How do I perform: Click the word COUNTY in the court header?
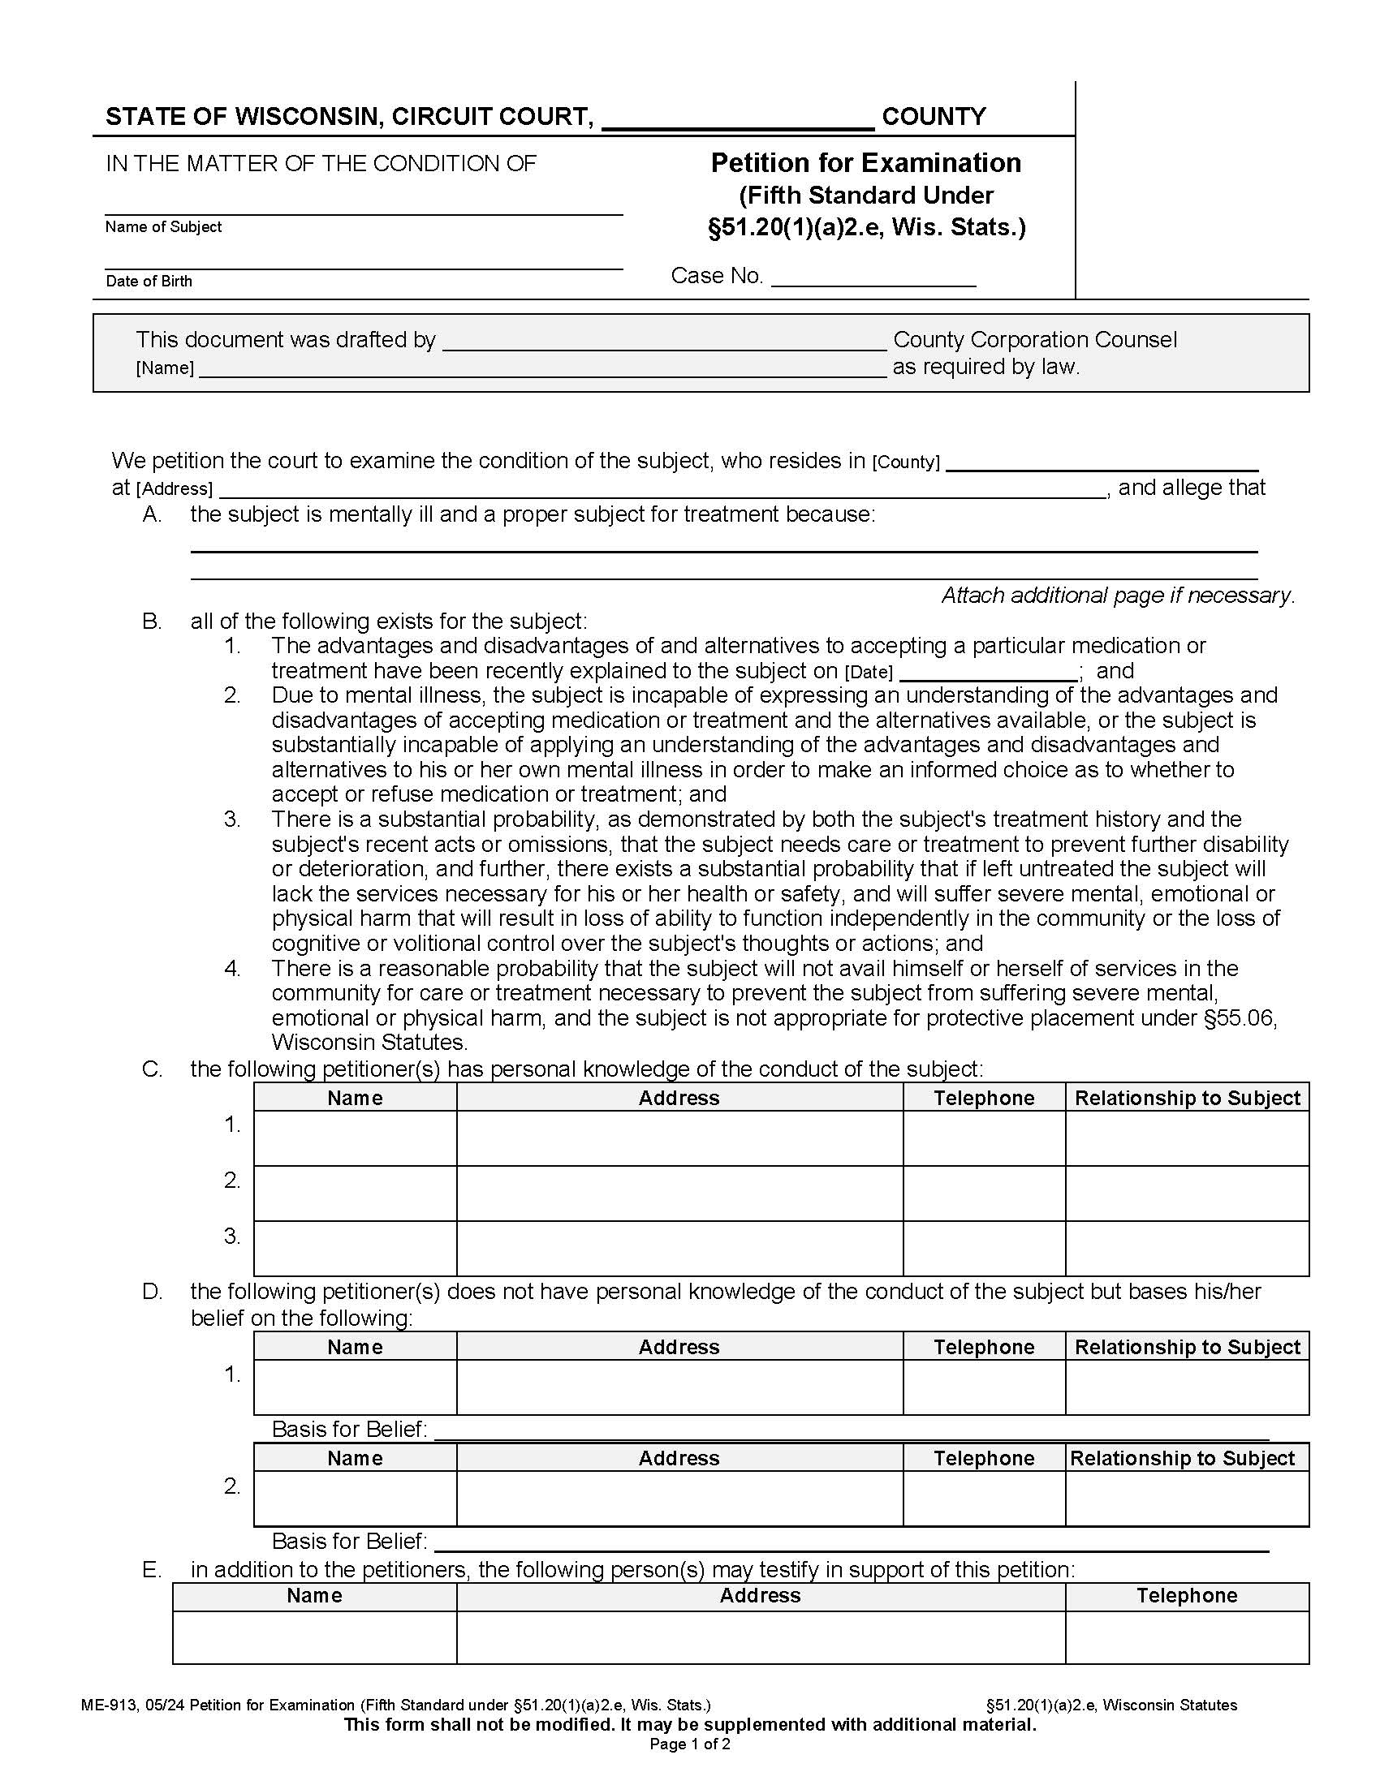click(x=934, y=117)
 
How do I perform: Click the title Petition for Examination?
click(x=866, y=162)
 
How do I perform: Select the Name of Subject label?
click(x=163, y=227)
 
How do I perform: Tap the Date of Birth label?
click(x=149, y=282)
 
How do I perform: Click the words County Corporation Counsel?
click(x=1035, y=340)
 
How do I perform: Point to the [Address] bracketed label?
click(x=175, y=488)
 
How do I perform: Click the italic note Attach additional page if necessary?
click(x=1118, y=595)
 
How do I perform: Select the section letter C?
click(x=152, y=1069)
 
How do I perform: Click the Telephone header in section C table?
click(x=984, y=1098)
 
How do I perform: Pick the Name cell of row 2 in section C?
click(x=355, y=1194)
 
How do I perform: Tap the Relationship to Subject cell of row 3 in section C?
click(x=1186, y=1248)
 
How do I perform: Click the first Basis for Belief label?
click(x=349, y=1429)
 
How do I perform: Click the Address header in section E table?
click(x=760, y=1595)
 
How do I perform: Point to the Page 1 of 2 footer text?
click(x=689, y=1744)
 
